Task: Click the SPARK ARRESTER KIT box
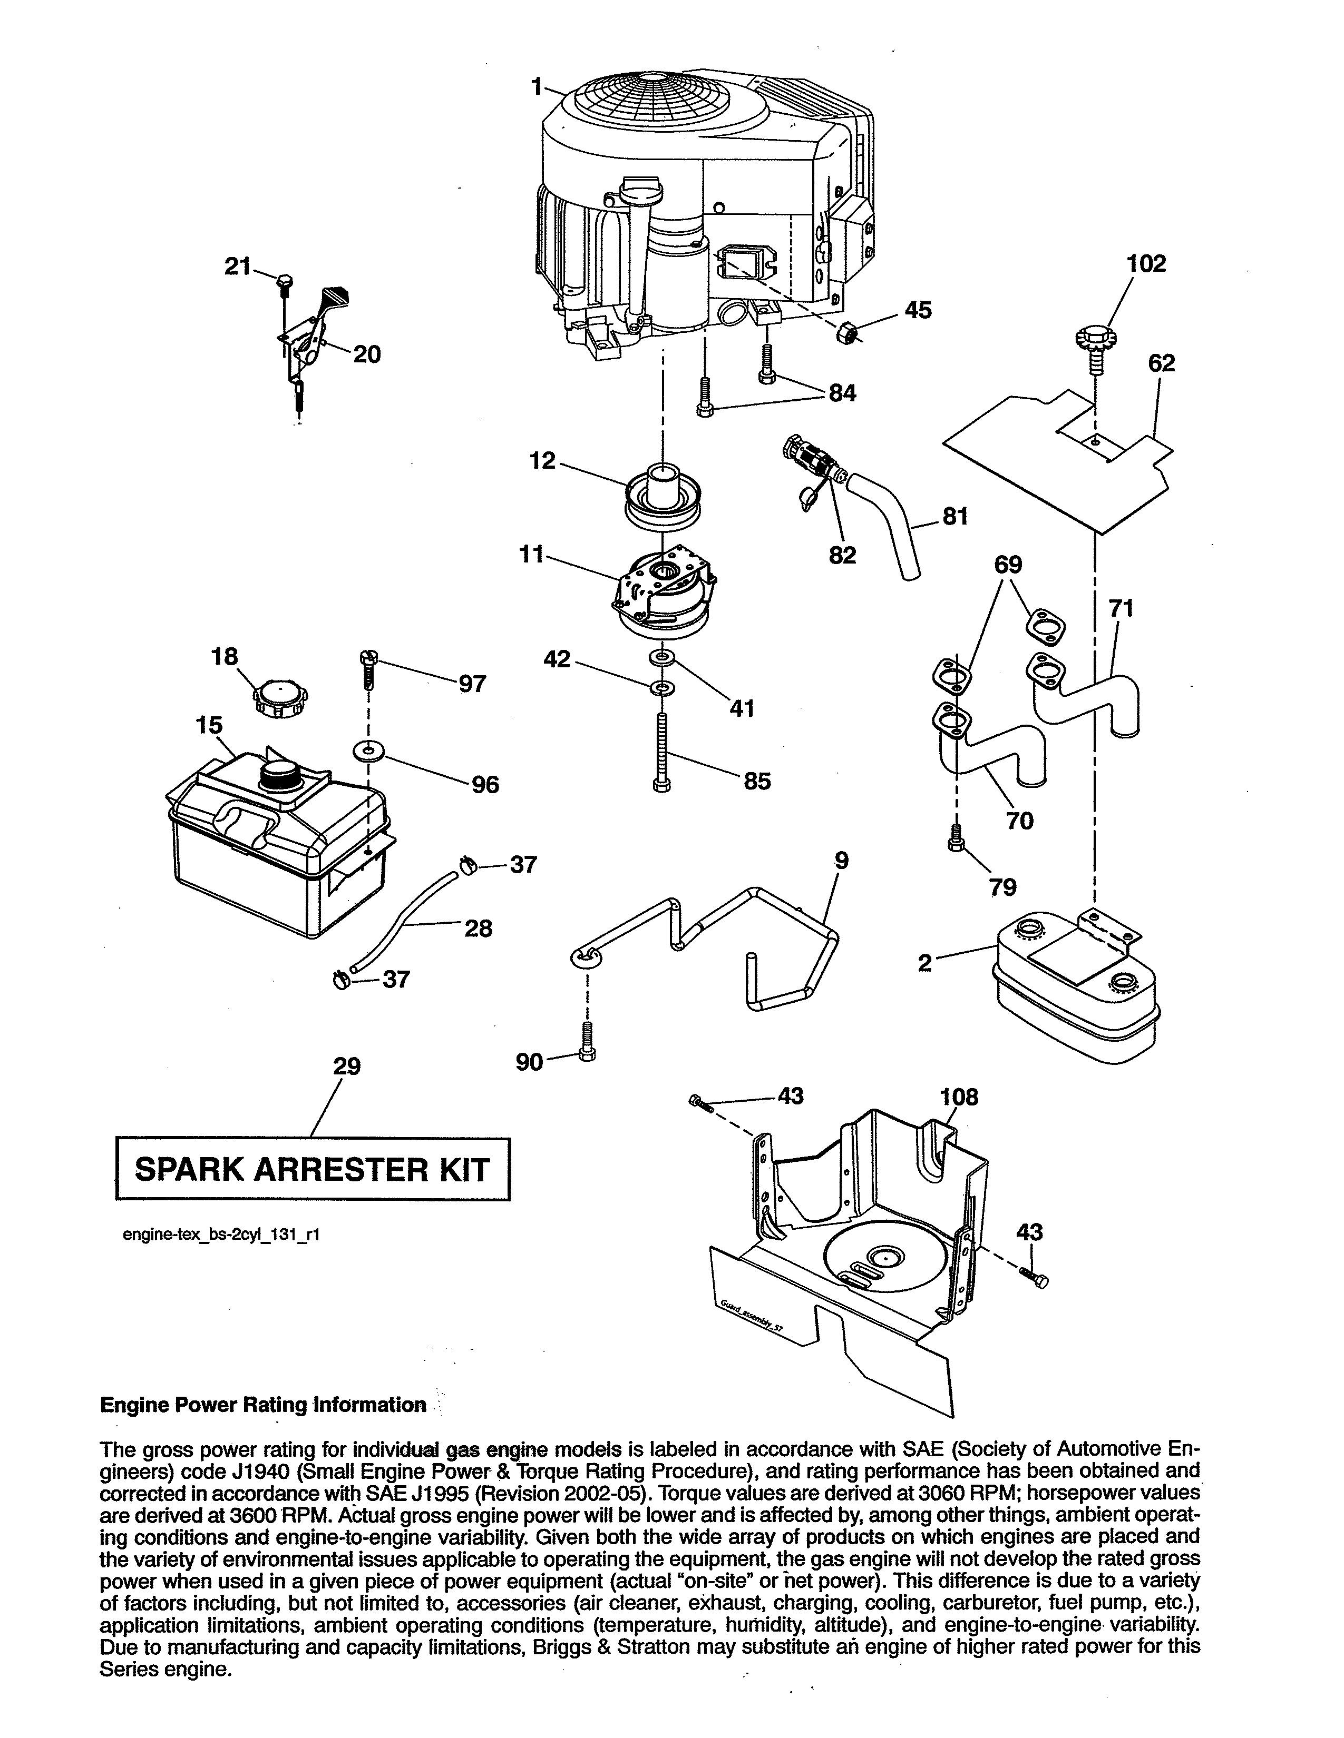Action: tap(313, 1169)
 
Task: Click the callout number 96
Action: tap(485, 785)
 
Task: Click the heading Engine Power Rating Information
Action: tap(263, 1405)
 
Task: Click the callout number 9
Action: tap(842, 860)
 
